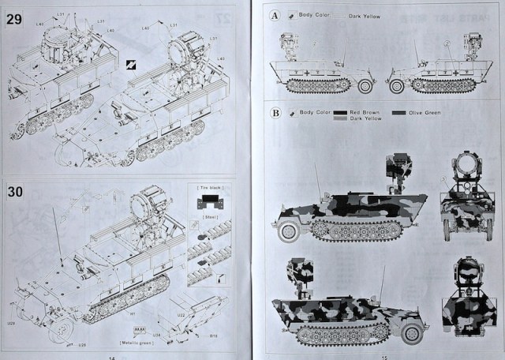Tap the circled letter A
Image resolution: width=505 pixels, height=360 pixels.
click(x=275, y=15)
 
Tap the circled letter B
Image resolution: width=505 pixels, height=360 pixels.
click(x=275, y=113)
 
